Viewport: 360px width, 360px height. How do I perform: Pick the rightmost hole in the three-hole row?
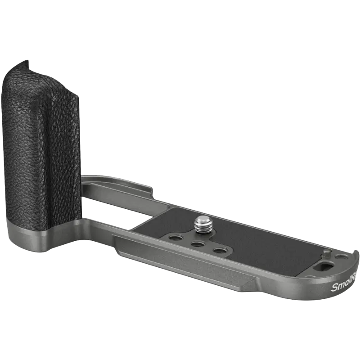(x=219, y=251)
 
